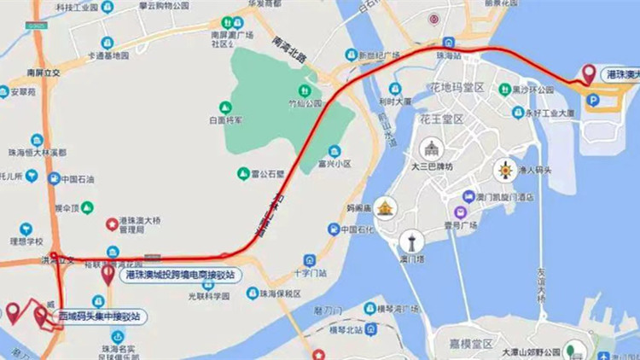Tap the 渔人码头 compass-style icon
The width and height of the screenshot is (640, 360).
click(x=507, y=169)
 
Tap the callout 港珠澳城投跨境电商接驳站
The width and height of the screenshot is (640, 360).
click(x=180, y=275)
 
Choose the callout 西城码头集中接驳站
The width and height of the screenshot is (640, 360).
click(x=98, y=316)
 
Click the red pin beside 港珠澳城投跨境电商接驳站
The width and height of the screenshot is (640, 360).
click(x=108, y=274)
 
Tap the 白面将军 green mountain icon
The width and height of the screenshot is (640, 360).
click(x=225, y=107)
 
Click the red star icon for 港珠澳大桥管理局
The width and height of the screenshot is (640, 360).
click(x=112, y=224)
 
